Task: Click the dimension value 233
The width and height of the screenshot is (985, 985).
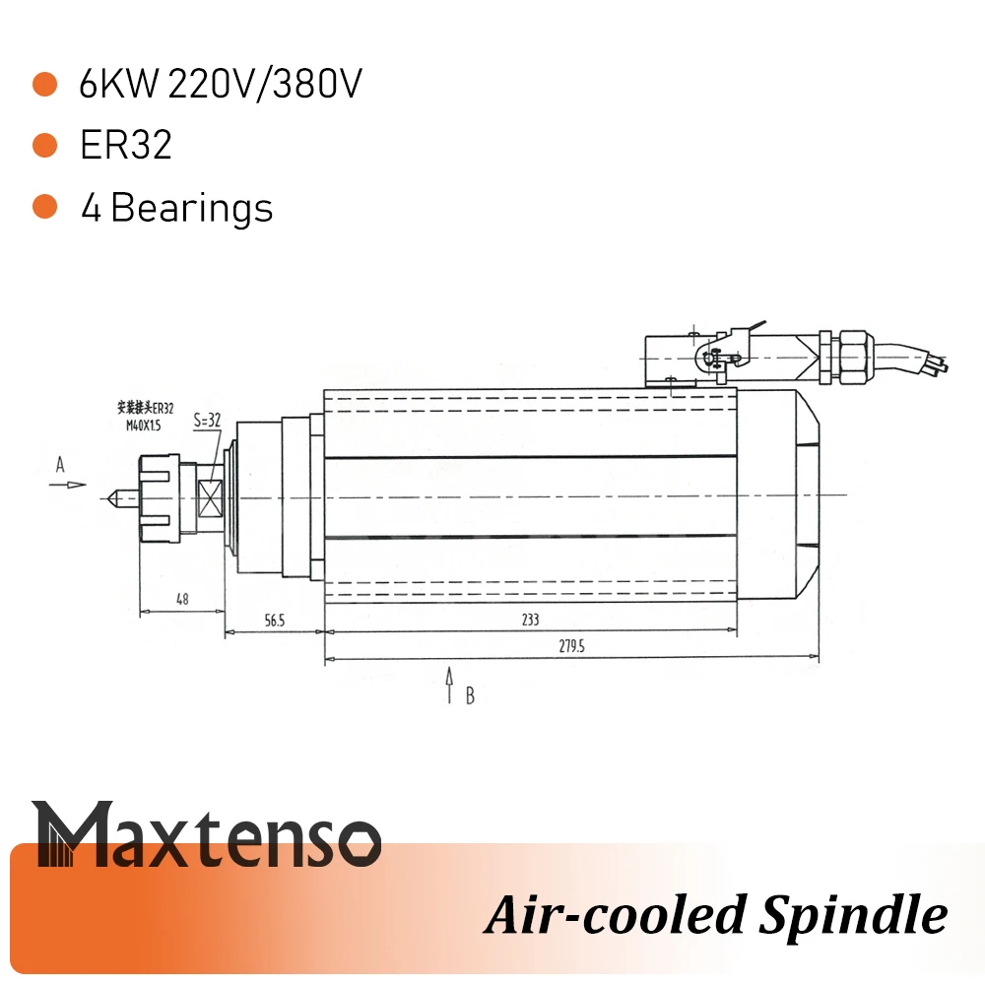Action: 531,621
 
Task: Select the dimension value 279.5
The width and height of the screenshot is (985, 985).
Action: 571,648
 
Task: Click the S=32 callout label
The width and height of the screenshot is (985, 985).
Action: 207,420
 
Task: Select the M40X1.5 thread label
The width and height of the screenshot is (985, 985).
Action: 144,425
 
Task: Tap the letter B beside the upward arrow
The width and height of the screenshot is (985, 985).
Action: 471,696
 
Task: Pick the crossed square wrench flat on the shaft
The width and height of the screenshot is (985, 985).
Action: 211,497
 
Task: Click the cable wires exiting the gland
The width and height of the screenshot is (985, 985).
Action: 921,360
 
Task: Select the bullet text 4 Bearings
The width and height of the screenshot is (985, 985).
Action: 176,208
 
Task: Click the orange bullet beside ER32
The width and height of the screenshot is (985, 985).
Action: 44,146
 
